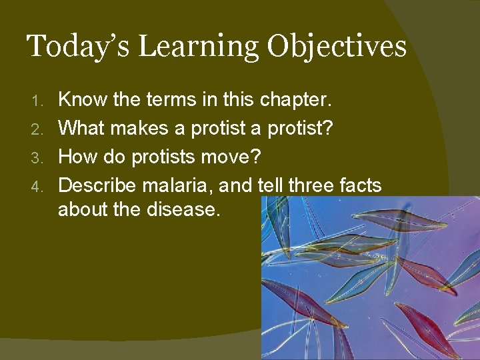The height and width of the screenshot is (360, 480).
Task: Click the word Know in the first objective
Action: coord(81,100)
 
